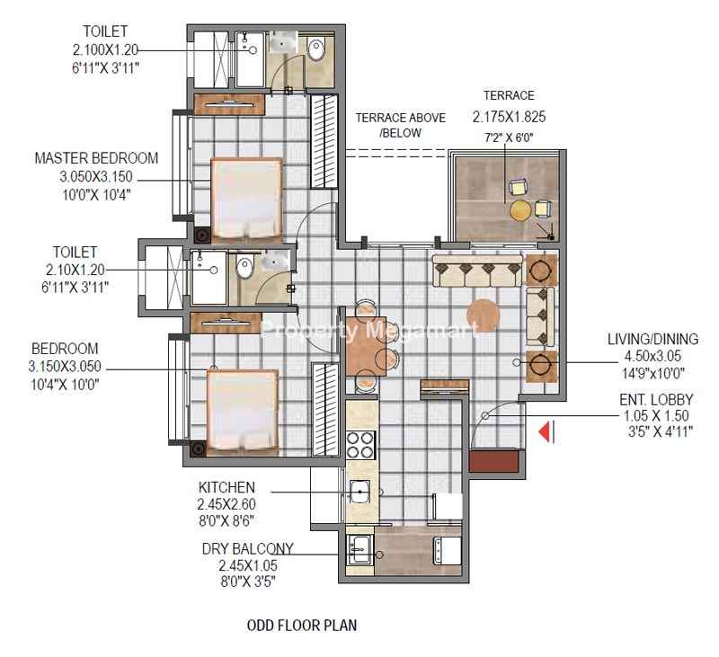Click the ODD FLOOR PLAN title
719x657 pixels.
302,626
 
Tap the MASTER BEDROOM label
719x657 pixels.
96,158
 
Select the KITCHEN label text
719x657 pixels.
226,487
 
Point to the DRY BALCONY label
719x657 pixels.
248,549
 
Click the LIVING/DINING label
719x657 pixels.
652,339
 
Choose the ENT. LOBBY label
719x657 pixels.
656,400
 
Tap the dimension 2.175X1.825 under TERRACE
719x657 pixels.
509,117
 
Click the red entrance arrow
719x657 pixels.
545,431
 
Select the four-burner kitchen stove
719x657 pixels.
361,445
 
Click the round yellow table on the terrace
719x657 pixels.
520,210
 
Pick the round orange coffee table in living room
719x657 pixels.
483,315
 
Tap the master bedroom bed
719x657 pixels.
246,200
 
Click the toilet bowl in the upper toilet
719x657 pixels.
316,49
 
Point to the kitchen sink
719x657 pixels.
359,492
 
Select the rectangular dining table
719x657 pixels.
366,346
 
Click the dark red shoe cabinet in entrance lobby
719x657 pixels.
493,461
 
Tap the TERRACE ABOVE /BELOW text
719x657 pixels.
401,125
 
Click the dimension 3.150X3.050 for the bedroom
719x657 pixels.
65,367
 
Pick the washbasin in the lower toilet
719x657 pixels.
274,260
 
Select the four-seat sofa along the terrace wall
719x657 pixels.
477,271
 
